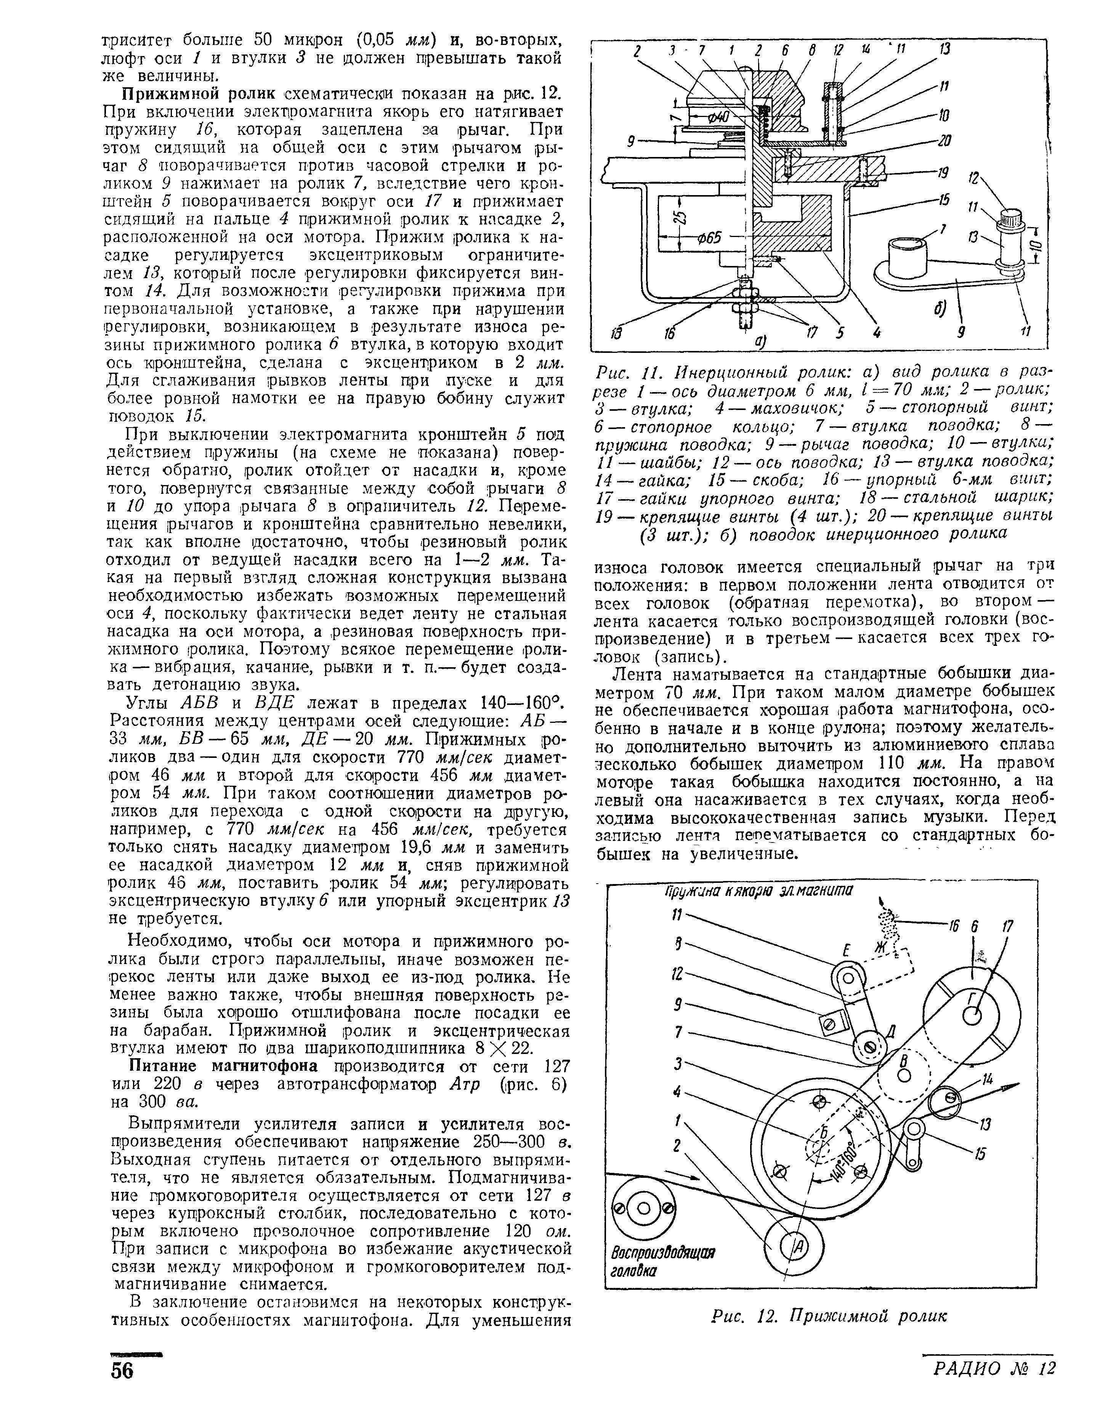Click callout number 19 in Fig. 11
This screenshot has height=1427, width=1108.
point(942,173)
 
